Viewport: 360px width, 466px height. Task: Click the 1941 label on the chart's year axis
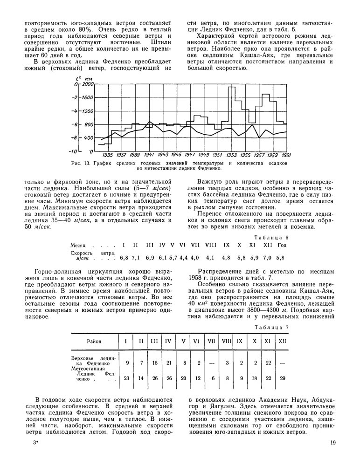coord(149,154)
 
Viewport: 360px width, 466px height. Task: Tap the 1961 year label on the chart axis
coord(286,154)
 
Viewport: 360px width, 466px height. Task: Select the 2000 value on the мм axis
coord(87,84)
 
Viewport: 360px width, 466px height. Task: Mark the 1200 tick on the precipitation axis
coord(87,111)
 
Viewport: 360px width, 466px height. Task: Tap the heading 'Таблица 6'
coord(274,237)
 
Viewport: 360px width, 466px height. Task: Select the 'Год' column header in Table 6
coord(281,245)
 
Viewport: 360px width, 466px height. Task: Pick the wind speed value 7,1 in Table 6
coord(136,257)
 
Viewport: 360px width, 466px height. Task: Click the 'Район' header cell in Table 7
coord(94,342)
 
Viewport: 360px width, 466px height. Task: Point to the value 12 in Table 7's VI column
coord(198,378)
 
